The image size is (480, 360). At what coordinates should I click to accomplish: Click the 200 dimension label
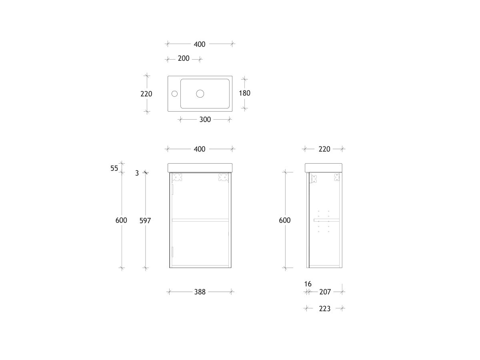[184, 59]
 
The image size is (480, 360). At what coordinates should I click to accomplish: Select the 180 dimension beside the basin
[244, 93]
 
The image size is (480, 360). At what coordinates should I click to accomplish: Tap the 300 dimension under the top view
[205, 119]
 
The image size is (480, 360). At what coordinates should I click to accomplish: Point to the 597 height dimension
[145, 220]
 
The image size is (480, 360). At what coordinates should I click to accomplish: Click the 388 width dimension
[200, 292]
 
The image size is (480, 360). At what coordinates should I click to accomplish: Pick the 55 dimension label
[114, 168]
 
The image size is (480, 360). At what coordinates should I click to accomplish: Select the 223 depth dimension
[324, 309]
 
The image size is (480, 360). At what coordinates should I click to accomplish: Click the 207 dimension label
[325, 292]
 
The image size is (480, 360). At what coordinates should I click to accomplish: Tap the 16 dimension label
[308, 284]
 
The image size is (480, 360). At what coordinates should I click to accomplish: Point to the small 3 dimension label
[137, 173]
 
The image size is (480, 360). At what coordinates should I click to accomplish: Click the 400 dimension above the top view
[200, 44]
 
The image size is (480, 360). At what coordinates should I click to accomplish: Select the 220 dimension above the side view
[324, 149]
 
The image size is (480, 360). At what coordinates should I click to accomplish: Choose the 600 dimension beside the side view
[285, 220]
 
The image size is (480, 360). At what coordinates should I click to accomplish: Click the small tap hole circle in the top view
[174, 94]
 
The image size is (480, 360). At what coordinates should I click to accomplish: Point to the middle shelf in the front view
[200, 220]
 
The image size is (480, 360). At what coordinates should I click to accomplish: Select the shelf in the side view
[326, 220]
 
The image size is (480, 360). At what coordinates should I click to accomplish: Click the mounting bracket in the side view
[313, 178]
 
